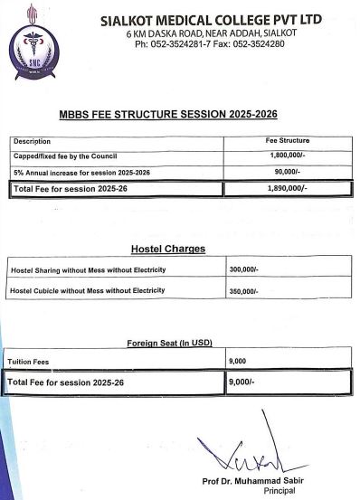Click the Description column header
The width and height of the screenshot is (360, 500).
pyautogui.click(x=33, y=142)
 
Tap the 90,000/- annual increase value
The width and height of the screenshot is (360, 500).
pyautogui.click(x=289, y=171)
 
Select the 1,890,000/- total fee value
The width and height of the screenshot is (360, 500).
pyautogui.click(x=289, y=188)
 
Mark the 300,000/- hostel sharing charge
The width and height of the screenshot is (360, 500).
pyautogui.click(x=244, y=270)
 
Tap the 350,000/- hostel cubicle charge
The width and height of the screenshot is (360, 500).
pyautogui.click(x=244, y=292)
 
